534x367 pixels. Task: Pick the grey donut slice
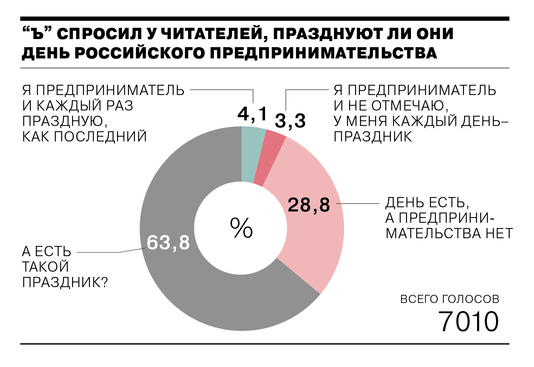tap(183, 281)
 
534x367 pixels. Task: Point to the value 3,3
tap(290, 121)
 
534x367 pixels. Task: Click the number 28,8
tap(309, 205)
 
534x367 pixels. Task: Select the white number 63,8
tap(168, 242)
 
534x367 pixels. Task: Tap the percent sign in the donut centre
tap(241, 228)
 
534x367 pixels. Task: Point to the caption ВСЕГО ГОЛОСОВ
tap(450, 299)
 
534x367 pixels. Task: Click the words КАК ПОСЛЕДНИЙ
tap(84, 137)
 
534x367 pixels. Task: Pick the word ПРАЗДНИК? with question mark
tap(65, 282)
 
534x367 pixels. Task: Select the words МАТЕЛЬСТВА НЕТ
tap(449, 233)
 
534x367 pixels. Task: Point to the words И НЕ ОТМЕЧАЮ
tap(391, 106)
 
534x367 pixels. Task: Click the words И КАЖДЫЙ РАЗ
tap(78, 106)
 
